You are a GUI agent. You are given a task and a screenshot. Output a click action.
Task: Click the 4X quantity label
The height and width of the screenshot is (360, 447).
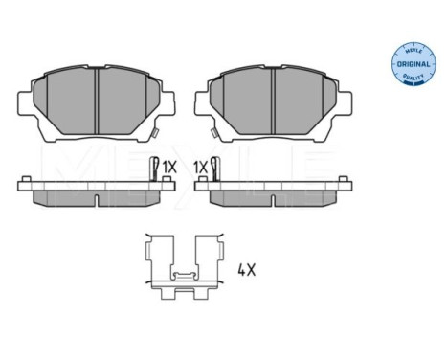(246, 270)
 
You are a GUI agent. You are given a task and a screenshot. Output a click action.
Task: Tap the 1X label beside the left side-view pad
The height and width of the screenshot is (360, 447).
(169, 167)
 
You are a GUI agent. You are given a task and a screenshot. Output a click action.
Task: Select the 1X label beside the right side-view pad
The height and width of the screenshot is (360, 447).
(200, 167)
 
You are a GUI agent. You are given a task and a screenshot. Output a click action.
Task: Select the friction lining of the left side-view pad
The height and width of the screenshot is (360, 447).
(97, 196)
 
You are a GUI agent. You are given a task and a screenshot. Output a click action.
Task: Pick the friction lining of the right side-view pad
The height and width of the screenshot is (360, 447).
(273, 196)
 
